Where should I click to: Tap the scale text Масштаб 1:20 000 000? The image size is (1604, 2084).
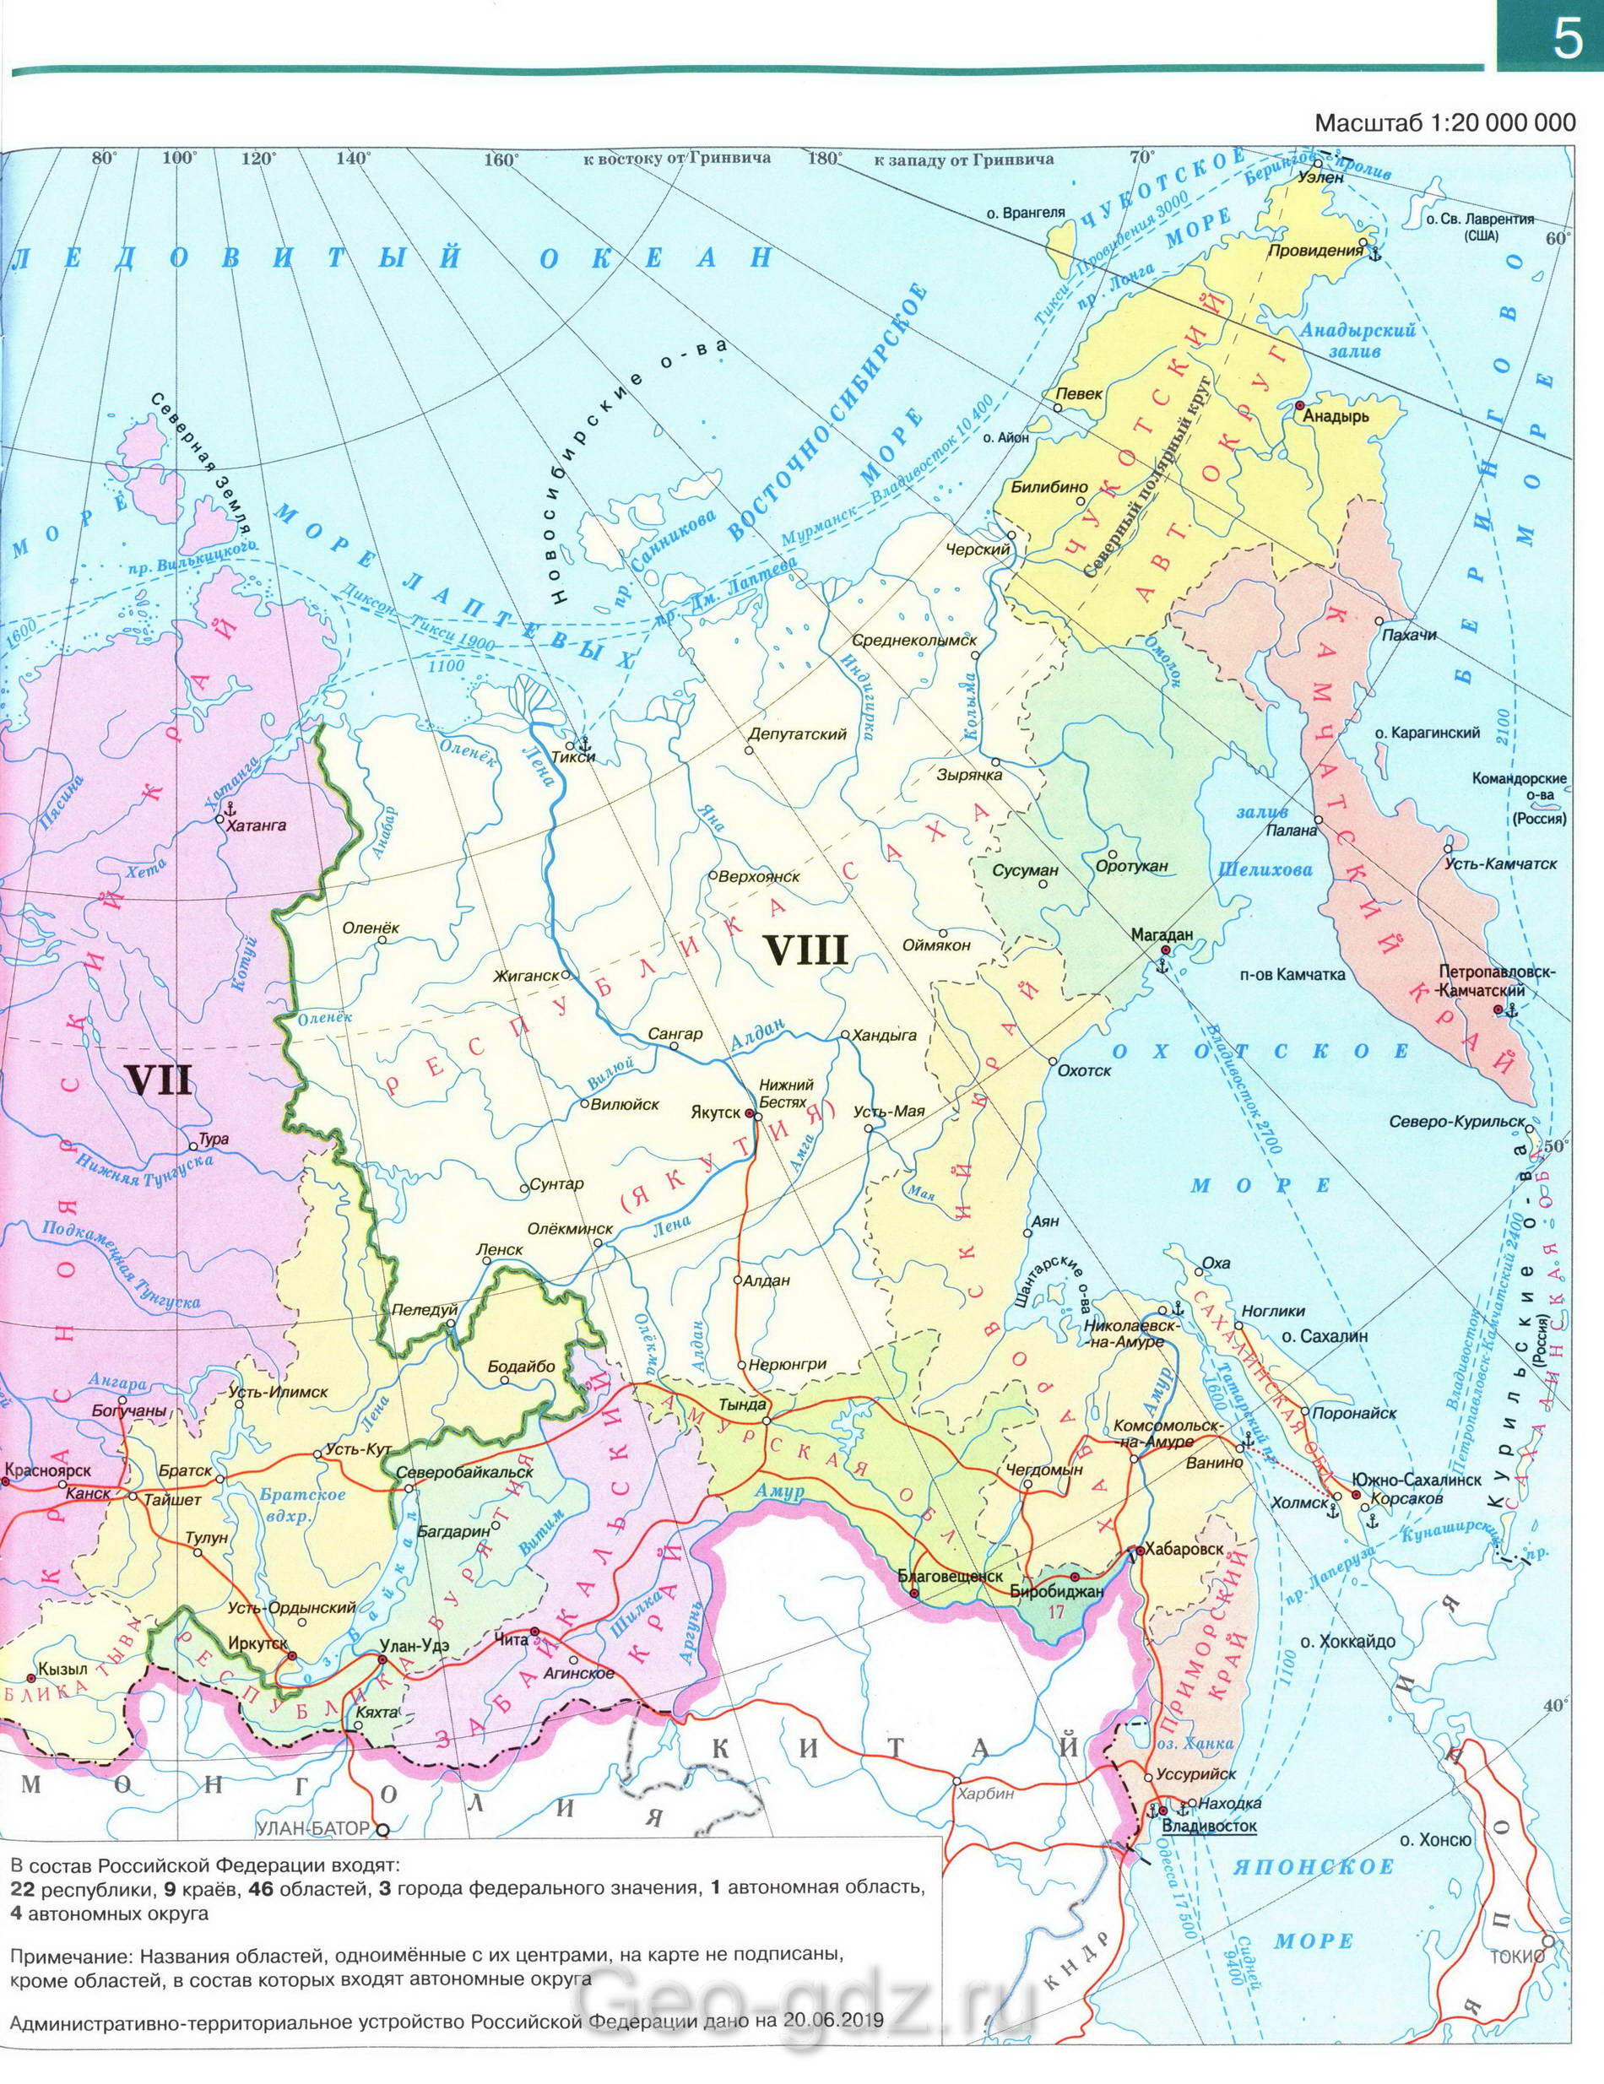pos(1444,123)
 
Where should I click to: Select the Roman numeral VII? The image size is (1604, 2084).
pos(160,1082)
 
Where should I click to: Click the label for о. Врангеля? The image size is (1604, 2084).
pos(1033,213)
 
